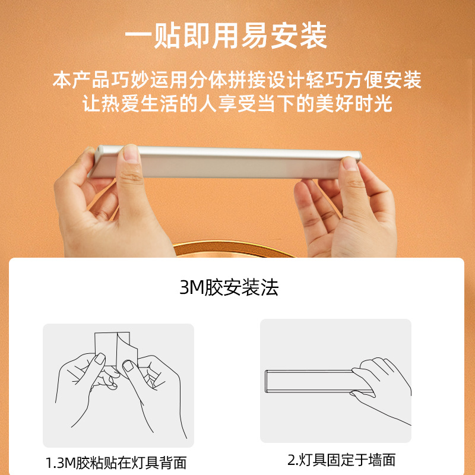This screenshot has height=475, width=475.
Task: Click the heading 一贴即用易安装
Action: coord(226,37)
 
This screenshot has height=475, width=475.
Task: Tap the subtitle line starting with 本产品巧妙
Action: coord(237,80)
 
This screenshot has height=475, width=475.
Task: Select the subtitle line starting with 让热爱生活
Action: coord(237,104)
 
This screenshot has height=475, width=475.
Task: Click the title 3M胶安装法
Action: coord(229,289)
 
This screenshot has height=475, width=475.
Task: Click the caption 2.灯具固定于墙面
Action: coord(341,460)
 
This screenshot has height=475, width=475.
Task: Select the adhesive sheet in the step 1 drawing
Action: coord(113,347)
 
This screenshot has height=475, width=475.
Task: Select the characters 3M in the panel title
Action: coord(191,289)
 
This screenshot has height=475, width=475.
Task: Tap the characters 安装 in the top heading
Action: coord(306,37)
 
